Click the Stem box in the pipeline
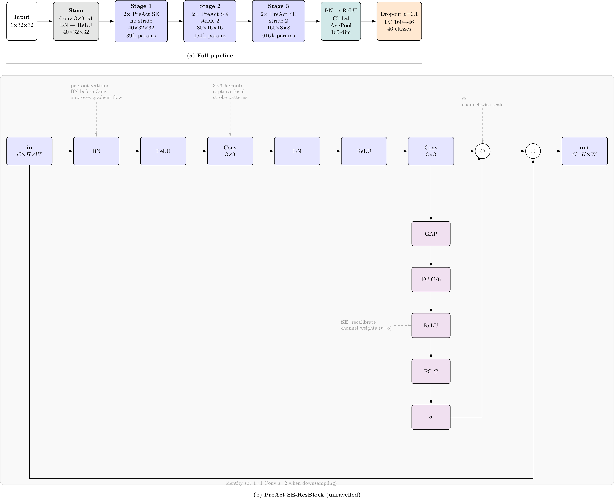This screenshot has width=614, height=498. [x=76, y=21]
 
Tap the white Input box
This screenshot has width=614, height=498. [x=22, y=21]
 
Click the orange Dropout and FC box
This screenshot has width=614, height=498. [x=399, y=21]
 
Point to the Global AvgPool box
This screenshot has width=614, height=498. [x=341, y=21]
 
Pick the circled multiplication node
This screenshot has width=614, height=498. [x=482, y=151]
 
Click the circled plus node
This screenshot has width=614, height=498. [x=533, y=151]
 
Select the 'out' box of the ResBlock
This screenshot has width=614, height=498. [x=584, y=151]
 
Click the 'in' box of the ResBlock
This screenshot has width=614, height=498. [x=29, y=151]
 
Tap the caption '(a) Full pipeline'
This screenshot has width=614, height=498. [x=210, y=56]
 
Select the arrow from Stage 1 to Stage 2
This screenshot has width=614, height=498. [x=175, y=21]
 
